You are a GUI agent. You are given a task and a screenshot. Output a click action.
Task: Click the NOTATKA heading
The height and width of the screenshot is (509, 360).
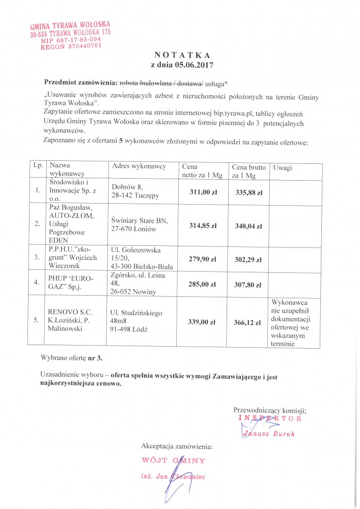point(182,55)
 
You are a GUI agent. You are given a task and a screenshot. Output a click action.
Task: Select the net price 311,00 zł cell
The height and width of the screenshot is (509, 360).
point(203,192)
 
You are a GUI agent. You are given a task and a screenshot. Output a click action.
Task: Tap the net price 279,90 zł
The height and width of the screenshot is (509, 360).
point(203,259)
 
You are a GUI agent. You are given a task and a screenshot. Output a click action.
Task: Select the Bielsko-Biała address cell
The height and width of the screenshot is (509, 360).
point(142,259)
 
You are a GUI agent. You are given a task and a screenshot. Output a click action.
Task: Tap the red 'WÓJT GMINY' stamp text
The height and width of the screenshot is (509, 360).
point(173,461)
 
